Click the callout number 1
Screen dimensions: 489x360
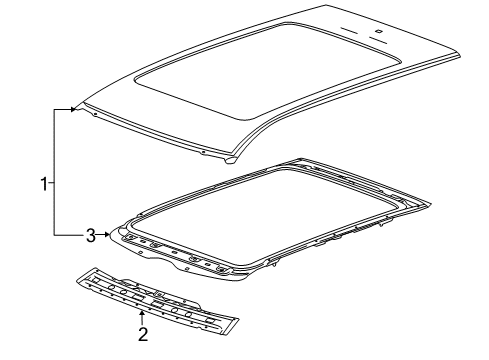(44, 184)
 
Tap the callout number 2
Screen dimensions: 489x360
(143, 334)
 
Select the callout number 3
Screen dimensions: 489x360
(91, 236)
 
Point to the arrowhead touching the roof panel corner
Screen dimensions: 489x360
(74, 109)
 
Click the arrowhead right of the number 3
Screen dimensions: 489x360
(106, 235)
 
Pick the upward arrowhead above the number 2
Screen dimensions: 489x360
(142, 313)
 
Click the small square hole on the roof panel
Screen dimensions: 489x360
(379, 32)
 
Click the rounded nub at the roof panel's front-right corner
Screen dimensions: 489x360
(231, 161)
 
